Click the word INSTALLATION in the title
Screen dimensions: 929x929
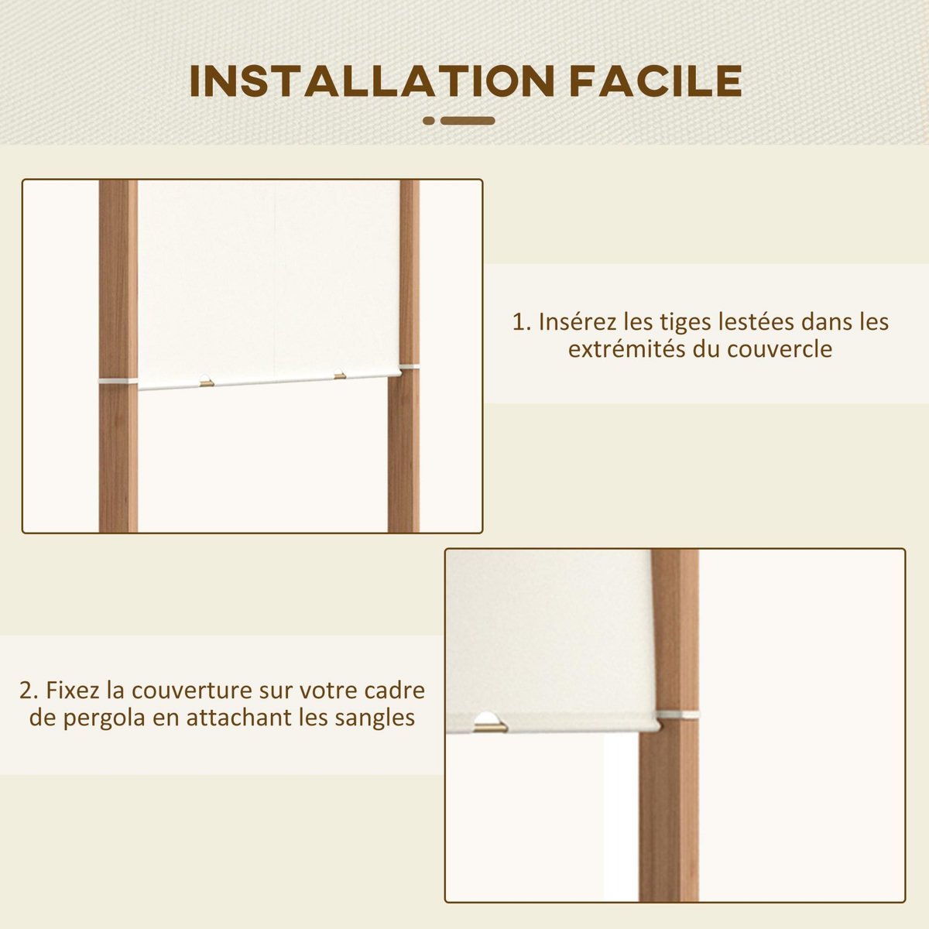coord(372,81)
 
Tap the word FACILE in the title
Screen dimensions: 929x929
coord(656,81)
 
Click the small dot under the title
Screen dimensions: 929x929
coord(429,121)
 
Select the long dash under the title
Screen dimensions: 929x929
coord(468,121)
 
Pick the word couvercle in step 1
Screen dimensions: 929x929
coord(780,348)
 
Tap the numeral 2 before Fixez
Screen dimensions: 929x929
coord(27,689)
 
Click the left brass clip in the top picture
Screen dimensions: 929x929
coord(206,382)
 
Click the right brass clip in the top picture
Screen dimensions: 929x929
coord(340,376)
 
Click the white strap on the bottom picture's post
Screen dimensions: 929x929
coord(677,715)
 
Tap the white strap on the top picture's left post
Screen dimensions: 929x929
coord(118,380)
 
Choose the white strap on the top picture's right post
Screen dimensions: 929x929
coord(409,366)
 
